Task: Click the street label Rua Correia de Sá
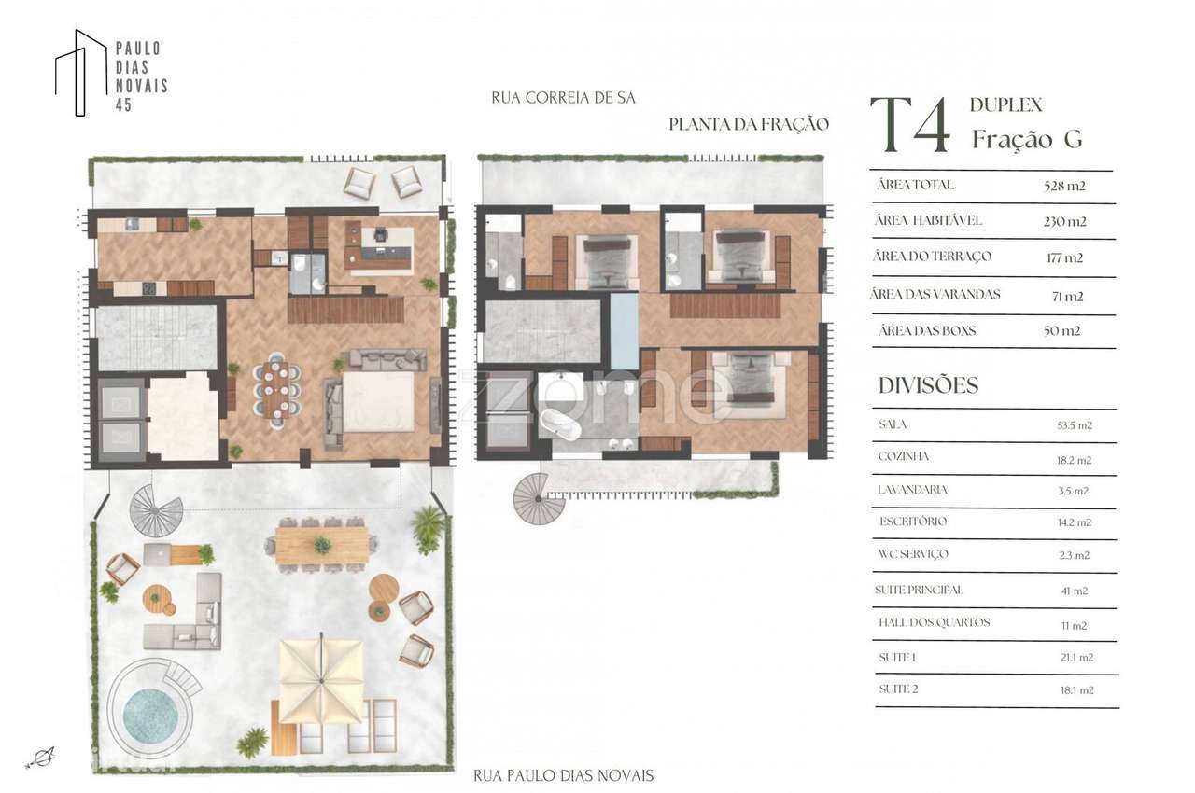[562, 97]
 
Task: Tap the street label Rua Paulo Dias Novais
[563, 775]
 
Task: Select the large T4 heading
[910, 126]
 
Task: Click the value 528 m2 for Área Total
[1064, 186]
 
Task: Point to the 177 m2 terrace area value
[1064, 257]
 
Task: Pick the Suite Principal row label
[919, 591]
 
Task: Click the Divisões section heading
[928, 385]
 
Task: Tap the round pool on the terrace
[149, 715]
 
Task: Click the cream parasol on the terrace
[322, 676]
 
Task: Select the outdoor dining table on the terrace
[321, 544]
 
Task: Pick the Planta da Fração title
[748, 125]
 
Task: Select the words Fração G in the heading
[1026, 139]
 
